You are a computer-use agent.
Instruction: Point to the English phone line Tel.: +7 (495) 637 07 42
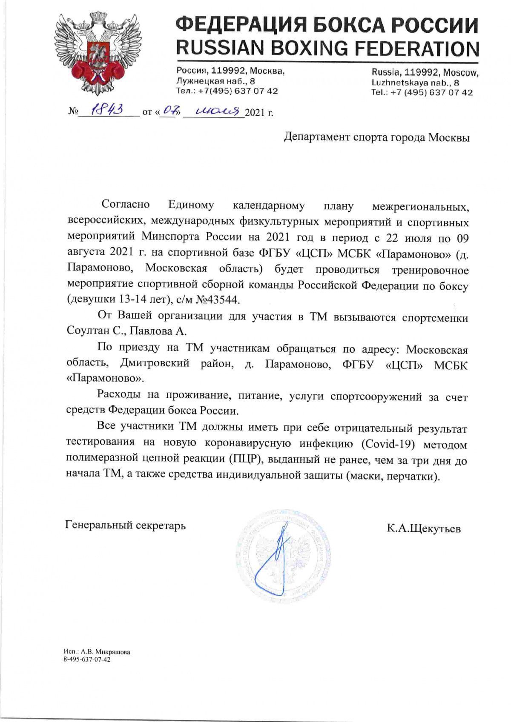click(x=422, y=92)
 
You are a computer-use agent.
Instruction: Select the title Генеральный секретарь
click(x=126, y=525)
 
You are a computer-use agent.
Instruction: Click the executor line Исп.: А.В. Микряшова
click(x=96, y=652)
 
